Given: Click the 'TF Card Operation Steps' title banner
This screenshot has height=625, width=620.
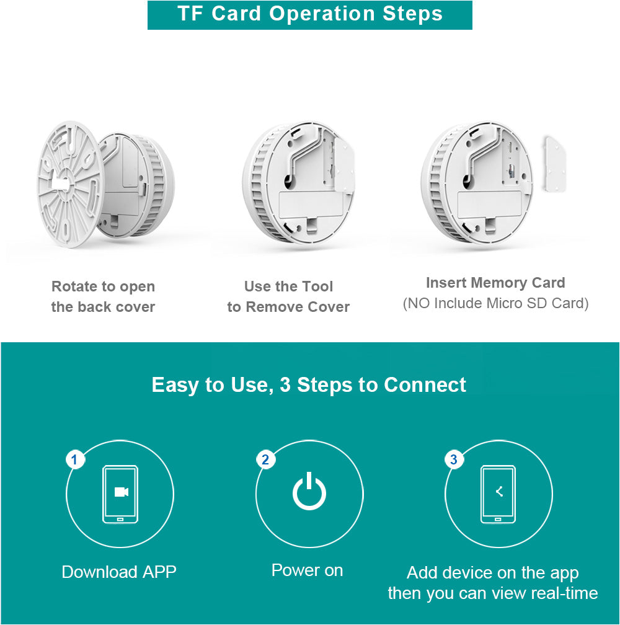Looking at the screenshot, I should (x=309, y=14).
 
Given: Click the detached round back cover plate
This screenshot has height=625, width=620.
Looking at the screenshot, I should (x=69, y=184).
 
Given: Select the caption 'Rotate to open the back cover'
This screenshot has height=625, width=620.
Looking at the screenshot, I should (x=103, y=296).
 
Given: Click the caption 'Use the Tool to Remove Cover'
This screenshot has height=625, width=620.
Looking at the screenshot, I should (x=288, y=296).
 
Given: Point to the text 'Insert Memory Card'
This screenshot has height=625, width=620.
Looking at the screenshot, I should (x=495, y=283).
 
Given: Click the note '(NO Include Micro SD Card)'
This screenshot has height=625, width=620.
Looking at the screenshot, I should (x=495, y=303).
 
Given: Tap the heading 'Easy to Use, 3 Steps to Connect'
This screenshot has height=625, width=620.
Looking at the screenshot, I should (x=309, y=384).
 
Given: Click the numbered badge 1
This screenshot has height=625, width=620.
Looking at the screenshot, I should (x=75, y=460).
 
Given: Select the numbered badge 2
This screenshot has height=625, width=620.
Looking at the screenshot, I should (x=265, y=460).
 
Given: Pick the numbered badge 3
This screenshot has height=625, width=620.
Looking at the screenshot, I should (x=454, y=460).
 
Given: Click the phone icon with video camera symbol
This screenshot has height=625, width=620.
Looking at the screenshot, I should (x=120, y=494).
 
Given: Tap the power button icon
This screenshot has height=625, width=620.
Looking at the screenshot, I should (x=309, y=492).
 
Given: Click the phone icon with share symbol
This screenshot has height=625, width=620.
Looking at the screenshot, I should (x=498, y=494).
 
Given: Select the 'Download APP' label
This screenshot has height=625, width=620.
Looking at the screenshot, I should (x=119, y=572).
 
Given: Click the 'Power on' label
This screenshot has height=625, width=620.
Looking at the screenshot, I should (x=307, y=570).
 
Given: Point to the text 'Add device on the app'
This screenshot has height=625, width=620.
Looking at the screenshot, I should (x=492, y=573).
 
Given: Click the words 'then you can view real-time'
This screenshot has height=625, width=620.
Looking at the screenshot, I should (x=492, y=593).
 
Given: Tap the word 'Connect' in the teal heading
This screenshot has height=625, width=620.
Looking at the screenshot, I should (x=425, y=384).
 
